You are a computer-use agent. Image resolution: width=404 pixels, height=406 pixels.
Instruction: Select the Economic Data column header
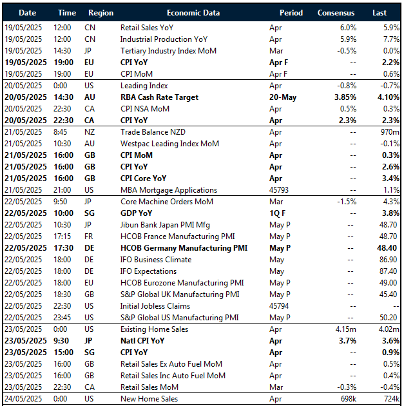[193, 12]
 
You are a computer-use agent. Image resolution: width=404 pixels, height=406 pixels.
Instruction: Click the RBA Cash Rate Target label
[159, 97]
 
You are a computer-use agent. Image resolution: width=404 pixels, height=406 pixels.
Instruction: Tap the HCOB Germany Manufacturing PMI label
[184, 248]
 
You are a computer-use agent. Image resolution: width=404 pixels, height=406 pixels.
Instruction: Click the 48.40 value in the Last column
[387, 248]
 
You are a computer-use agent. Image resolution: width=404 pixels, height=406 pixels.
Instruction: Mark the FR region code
[90, 237]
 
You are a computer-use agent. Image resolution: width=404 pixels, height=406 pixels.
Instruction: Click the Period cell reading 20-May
[283, 97]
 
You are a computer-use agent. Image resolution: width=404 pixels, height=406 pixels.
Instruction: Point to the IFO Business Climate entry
[156, 260]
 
